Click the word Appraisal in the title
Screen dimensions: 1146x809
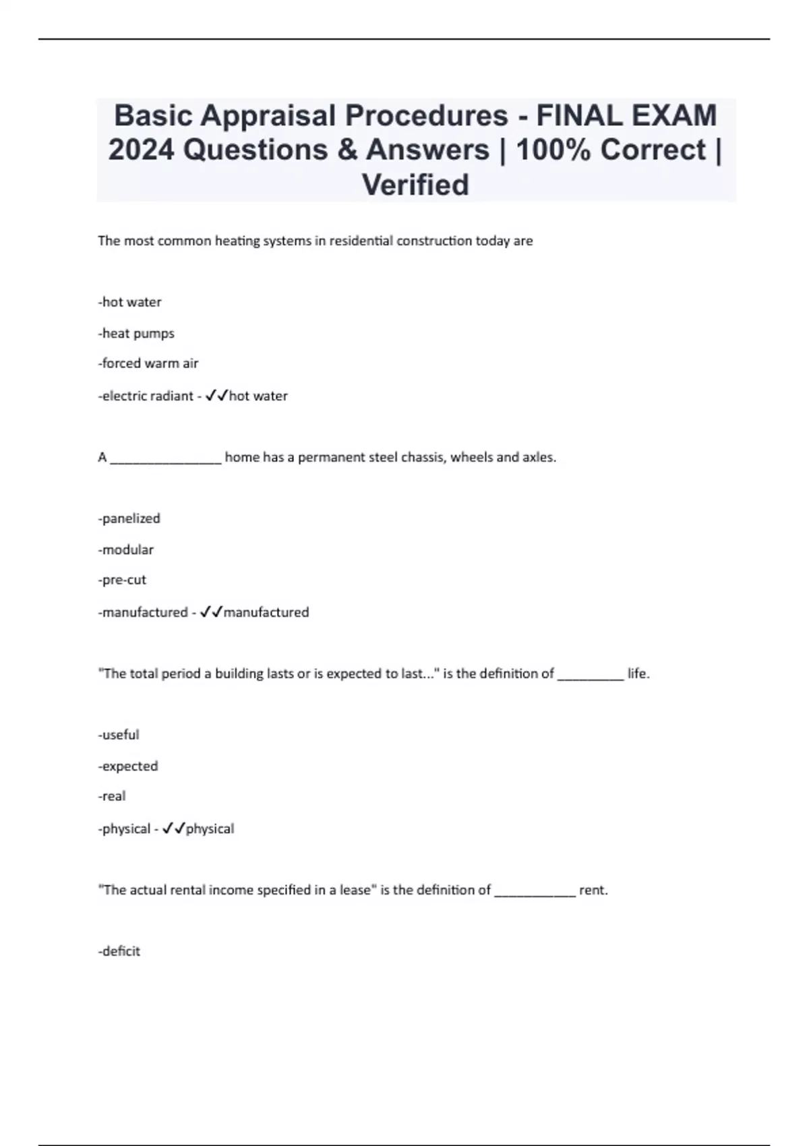pyautogui.click(x=268, y=116)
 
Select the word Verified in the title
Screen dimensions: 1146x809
pyautogui.click(x=415, y=185)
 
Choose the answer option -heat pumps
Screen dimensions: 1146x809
pyautogui.click(x=136, y=333)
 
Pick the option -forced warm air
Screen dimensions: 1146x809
pyautogui.click(x=148, y=363)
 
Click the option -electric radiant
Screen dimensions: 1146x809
pyautogui.click(x=146, y=396)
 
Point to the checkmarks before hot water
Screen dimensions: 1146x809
pyautogui.click(x=216, y=396)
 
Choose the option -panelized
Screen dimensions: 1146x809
pyautogui.click(x=129, y=518)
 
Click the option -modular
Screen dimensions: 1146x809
pyautogui.click(x=126, y=549)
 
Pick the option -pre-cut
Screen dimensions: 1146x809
pyautogui.click(x=122, y=580)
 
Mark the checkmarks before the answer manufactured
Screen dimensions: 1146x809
pyautogui.click(x=211, y=612)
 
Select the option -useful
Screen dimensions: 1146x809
pyautogui.click(x=119, y=735)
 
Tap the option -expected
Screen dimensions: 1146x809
pyautogui.click(x=128, y=766)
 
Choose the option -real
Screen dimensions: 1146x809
pyautogui.click(x=112, y=796)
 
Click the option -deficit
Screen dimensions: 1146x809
pyautogui.click(x=119, y=951)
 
